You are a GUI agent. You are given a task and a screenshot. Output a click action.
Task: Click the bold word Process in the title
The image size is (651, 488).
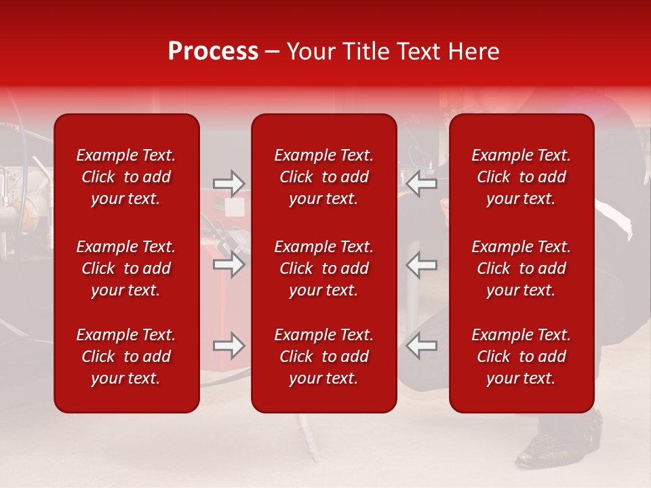tap(213, 52)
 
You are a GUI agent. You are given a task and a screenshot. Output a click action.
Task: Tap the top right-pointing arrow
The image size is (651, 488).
tap(229, 184)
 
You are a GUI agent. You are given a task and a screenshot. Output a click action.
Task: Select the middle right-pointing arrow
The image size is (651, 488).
tap(229, 264)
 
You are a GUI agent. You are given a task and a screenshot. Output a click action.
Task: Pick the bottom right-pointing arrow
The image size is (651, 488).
tap(229, 346)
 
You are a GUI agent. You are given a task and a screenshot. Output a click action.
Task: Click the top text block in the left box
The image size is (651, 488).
tap(126, 177)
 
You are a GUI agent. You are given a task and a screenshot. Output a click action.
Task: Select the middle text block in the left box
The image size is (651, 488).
tap(126, 268)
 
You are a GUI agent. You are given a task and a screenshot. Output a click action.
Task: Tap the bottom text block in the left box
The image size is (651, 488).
tap(126, 357)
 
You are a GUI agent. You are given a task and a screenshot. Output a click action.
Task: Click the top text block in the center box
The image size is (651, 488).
tap(323, 177)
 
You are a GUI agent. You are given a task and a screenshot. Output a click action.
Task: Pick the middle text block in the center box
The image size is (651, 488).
tap(323, 268)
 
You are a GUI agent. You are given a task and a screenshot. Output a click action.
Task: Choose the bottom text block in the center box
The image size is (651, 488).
tap(323, 357)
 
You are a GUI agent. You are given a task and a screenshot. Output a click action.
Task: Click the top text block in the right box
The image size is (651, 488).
tap(521, 177)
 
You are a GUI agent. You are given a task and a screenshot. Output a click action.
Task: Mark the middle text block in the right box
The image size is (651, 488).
tap(521, 268)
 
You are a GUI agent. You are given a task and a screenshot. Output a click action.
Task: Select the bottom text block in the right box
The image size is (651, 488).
tap(521, 357)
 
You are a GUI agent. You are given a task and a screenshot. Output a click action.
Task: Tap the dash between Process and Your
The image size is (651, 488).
tap(273, 52)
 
